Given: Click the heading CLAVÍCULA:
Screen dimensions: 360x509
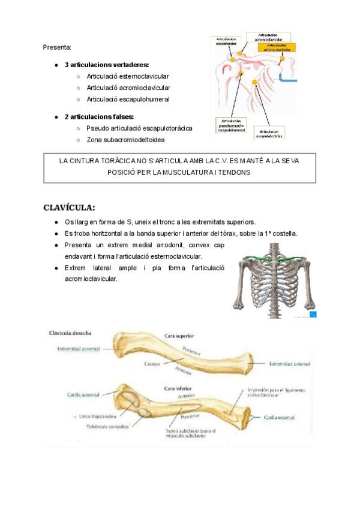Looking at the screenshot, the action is (69, 208).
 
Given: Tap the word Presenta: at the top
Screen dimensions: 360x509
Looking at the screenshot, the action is (57, 47).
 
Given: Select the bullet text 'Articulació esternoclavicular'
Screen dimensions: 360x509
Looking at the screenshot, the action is (127, 76).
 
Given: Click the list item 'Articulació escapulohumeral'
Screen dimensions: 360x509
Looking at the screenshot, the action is (128, 99).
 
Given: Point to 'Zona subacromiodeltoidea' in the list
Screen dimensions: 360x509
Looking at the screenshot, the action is (125, 140).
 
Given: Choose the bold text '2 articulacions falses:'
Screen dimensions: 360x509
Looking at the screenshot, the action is (99, 116).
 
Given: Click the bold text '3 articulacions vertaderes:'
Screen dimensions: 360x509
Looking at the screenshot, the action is (107, 64).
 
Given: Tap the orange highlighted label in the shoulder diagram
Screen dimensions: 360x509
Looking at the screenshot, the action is (281, 47).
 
